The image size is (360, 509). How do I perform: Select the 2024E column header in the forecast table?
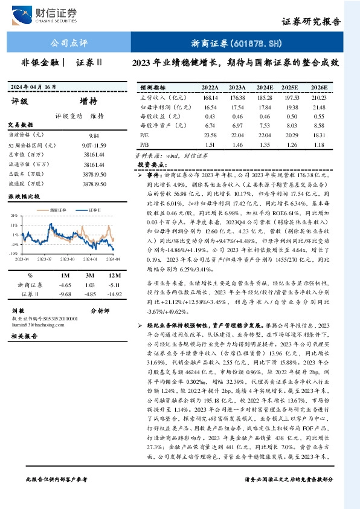(264, 88)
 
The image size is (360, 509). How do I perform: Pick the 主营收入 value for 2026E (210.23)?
(318, 97)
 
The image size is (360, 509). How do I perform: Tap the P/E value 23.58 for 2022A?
(210, 135)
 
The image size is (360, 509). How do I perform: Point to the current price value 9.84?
(93, 137)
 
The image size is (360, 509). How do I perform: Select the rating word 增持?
(89, 101)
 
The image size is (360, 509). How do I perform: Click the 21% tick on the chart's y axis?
(14, 215)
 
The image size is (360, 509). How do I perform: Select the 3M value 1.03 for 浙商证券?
(91, 284)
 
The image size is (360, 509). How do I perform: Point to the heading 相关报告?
(24, 336)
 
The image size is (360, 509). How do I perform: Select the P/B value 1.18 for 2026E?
(318, 145)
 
